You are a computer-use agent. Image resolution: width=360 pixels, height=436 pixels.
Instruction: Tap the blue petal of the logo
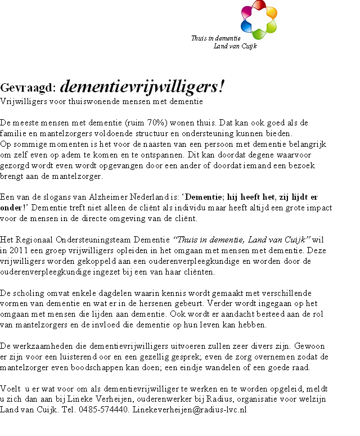(x=246, y=26)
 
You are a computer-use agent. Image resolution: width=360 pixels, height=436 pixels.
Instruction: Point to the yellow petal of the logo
(x=271, y=14)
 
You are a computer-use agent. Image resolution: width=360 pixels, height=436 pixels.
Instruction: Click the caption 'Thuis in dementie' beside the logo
(x=212, y=38)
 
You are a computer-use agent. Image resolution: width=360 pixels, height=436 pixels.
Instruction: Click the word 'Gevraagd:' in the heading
(x=28, y=88)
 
